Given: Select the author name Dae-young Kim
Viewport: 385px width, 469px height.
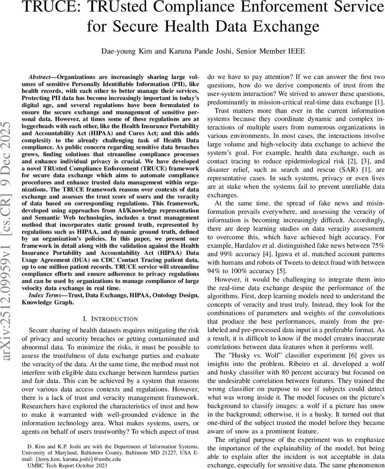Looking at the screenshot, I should tap(124, 51).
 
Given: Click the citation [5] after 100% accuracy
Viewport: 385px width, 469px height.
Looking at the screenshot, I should tap(282, 271).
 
